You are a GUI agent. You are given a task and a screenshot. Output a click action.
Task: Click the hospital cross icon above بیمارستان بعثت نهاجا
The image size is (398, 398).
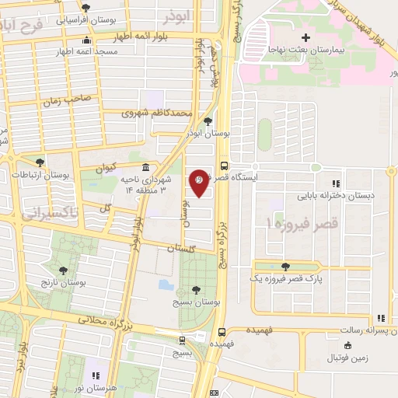pyautogui.click(x=305, y=37)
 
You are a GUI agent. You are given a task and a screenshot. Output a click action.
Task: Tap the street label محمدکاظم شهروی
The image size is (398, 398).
pyautogui.click(x=155, y=113)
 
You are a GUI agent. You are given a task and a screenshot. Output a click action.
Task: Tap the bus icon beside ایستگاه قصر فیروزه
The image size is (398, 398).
pyautogui.click(x=224, y=166)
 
